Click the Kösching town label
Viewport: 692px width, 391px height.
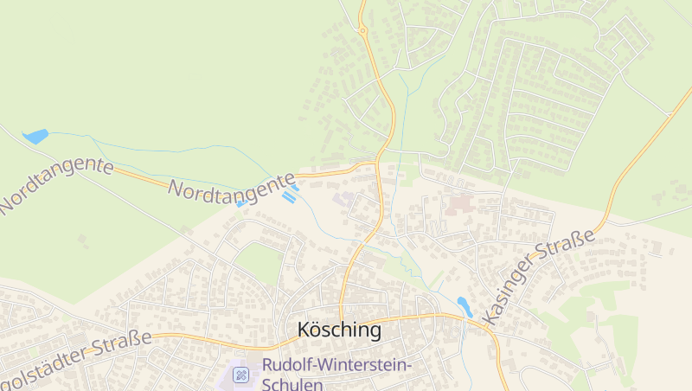pyautogui.click(x=338, y=330)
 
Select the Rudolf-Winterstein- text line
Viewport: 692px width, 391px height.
pyautogui.click(x=337, y=365)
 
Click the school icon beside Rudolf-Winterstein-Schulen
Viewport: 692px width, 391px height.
pyautogui.click(x=241, y=375)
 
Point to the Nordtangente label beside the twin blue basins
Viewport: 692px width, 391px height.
pyautogui.click(x=232, y=190)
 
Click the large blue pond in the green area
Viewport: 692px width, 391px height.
pyautogui.click(x=35, y=136)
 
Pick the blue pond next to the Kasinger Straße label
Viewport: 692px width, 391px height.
pyautogui.click(x=464, y=306)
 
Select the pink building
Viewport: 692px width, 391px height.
pyautogui.click(x=456, y=206)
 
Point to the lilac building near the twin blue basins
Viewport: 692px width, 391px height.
pyautogui.click(x=345, y=200)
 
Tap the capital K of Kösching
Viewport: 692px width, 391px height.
pyautogui.click(x=304, y=330)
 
